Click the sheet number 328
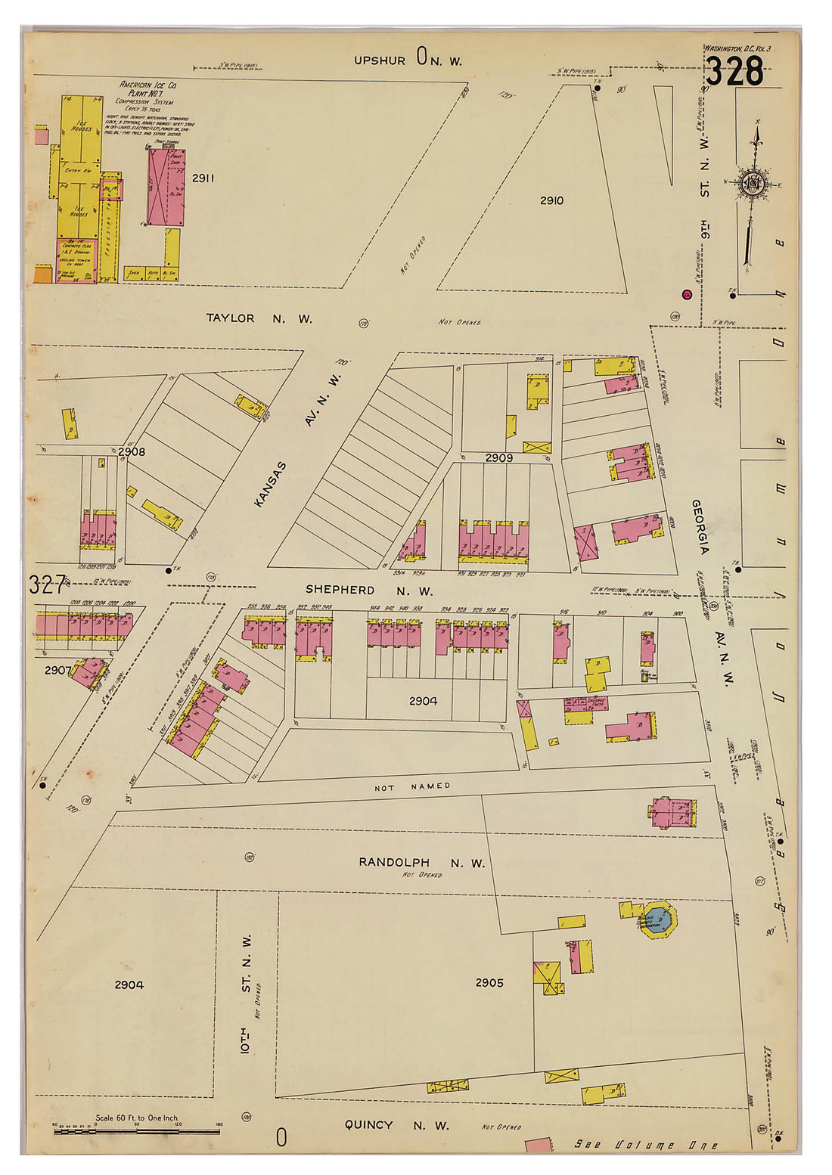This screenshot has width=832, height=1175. point(734,72)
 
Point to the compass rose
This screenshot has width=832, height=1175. point(753,184)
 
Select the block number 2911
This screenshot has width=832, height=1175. point(203,178)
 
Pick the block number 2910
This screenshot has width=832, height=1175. point(551,200)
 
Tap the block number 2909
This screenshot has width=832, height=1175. point(498,458)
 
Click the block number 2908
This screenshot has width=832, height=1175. point(132,451)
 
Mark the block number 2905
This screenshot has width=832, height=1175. point(489,983)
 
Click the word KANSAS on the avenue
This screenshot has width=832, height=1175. point(270,484)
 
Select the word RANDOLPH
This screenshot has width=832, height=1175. point(394,863)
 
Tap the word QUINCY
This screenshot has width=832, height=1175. point(368,1125)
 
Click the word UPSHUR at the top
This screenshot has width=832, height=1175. point(380,60)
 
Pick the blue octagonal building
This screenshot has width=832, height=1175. point(658,919)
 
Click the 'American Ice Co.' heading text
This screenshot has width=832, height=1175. point(148,85)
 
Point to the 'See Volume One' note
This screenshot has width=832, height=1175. point(646,1145)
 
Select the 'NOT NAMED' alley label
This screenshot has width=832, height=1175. point(412,787)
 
